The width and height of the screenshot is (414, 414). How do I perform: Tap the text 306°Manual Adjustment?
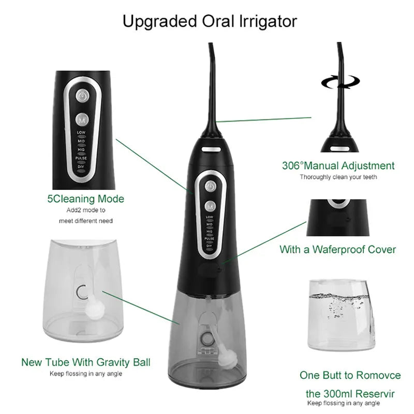[x=338, y=166]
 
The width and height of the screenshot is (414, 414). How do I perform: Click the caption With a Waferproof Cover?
[x=338, y=249]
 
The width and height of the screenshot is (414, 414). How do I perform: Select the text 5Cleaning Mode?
[x=85, y=198]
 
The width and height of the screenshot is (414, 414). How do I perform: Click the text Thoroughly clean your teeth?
[x=338, y=177]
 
